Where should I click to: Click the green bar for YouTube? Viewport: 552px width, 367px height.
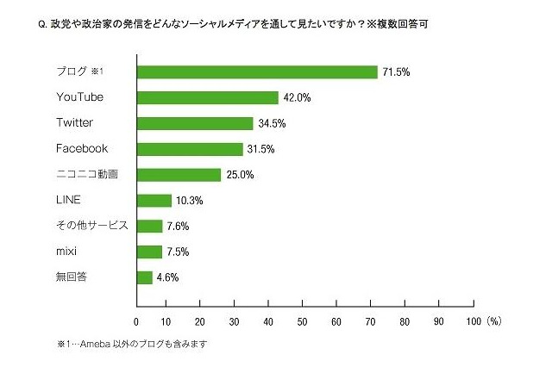(208, 97)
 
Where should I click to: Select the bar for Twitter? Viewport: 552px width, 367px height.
(195, 123)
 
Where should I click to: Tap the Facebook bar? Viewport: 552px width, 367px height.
(190, 149)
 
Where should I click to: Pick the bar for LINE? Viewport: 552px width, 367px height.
(154, 201)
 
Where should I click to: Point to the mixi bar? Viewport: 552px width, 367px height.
(149, 252)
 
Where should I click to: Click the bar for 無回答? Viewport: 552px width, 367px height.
(145, 277)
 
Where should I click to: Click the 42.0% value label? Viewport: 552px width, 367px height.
(296, 97)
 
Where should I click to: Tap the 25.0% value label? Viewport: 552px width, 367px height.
(239, 175)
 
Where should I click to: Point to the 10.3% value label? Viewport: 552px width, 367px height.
(189, 201)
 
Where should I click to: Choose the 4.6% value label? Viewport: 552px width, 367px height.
(168, 277)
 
